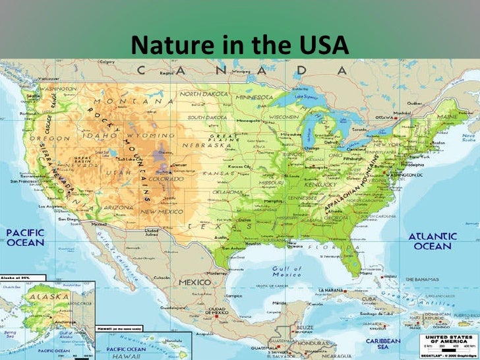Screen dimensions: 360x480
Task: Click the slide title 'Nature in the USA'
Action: tap(239, 45)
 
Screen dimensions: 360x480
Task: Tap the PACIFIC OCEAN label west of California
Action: tap(25, 238)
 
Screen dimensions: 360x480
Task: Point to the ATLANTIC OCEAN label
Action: tap(433, 241)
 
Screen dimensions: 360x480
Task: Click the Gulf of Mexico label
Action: tap(287, 271)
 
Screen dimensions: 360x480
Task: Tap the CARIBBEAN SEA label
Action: tap(383, 345)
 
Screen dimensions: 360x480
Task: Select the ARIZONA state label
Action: tap(119, 207)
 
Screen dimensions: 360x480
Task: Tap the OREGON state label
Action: tap(58, 138)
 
